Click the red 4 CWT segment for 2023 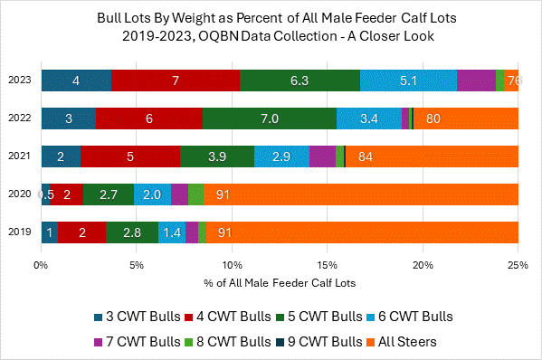[x=176, y=80]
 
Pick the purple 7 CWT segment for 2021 [x=322, y=156]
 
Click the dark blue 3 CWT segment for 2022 [x=68, y=118]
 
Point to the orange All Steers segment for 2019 [x=362, y=232]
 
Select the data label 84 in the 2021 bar [x=366, y=156]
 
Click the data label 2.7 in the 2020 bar [x=108, y=194]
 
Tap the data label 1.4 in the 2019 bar [x=172, y=232]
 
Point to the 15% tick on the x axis [x=327, y=266]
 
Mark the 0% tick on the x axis [x=41, y=266]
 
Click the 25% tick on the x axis [x=518, y=266]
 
